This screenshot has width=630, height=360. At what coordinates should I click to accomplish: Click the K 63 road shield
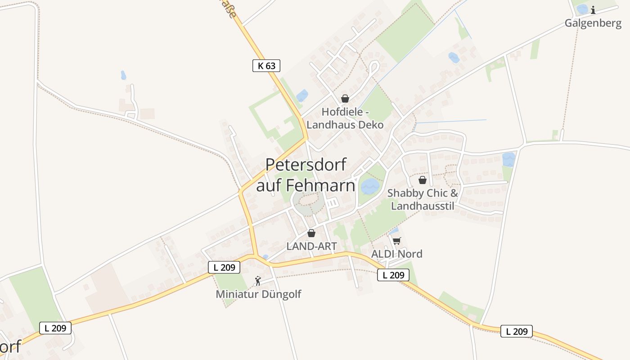coord(266,66)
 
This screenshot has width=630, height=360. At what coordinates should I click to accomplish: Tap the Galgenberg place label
coord(593,23)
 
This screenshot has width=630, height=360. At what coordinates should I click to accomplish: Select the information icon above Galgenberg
coord(593,10)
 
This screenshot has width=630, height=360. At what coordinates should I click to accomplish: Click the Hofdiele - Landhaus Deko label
coord(345,118)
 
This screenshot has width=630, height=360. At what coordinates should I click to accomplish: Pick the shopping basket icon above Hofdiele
coord(345,99)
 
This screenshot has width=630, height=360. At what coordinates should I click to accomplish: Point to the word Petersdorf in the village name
coord(306,165)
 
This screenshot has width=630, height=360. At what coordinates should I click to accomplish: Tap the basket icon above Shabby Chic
coord(422,180)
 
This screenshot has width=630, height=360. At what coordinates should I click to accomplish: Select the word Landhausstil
coord(423,206)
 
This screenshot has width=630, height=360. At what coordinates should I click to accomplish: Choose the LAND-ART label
coord(311,246)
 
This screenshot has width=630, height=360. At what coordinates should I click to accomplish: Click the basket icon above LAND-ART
coord(311,233)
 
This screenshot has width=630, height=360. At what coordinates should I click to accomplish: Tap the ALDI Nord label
coord(396,254)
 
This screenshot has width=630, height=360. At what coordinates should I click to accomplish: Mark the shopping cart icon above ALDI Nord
coord(396,241)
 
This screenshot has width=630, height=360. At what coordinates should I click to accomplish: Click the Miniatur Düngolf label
coord(258,294)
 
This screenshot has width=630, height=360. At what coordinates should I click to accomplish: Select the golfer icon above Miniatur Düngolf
coord(258,281)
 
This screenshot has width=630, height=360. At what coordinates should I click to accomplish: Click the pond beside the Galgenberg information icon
coord(582,9)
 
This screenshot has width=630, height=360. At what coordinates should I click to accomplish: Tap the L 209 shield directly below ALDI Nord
coord(393,275)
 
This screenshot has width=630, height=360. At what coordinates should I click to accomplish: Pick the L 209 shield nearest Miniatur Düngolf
coord(224,267)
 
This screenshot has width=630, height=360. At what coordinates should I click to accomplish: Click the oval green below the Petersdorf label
coord(308,203)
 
